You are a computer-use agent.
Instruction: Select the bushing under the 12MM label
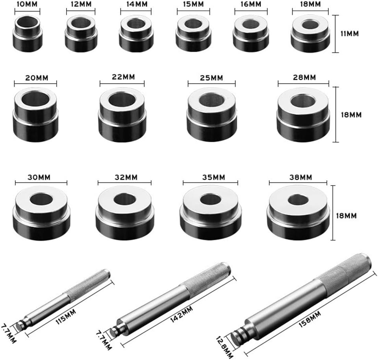[81, 34]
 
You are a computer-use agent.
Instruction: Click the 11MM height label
[350, 34]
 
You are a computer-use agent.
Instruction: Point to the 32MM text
[124, 177]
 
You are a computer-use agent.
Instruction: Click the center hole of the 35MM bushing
[211, 199]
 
